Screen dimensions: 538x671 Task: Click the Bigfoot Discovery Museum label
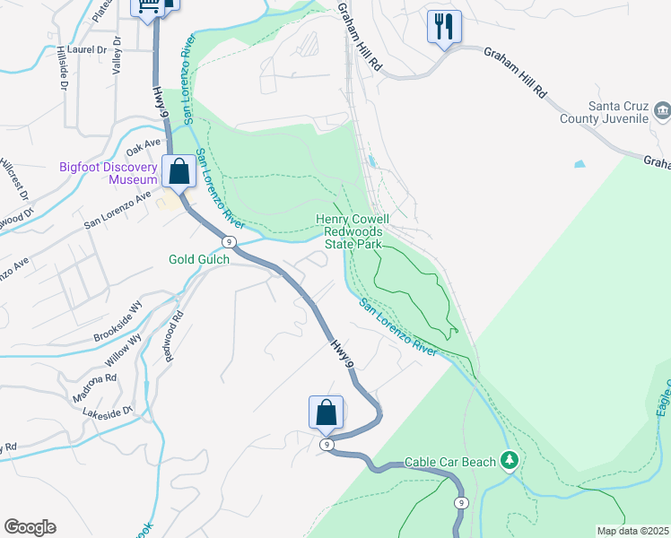(x=109, y=172)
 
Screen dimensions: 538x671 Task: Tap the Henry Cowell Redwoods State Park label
(x=352, y=231)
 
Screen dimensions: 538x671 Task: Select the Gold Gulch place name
(x=199, y=259)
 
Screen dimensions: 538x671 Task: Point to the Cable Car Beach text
(x=450, y=462)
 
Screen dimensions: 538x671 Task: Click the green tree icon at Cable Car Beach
(x=510, y=461)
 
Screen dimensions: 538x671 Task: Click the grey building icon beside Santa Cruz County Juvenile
(x=662, y=111)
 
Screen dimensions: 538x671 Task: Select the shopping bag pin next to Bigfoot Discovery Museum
(x=179, y=170)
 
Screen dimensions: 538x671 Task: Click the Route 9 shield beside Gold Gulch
(x=231, y=242)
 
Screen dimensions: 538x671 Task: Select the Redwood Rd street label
(x=172, y=336)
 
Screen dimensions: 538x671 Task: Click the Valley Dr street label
(x=116, y=61)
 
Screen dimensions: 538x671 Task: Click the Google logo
(x=30, y=527)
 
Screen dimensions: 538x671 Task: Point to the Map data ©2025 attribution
(x=632, y=531)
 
